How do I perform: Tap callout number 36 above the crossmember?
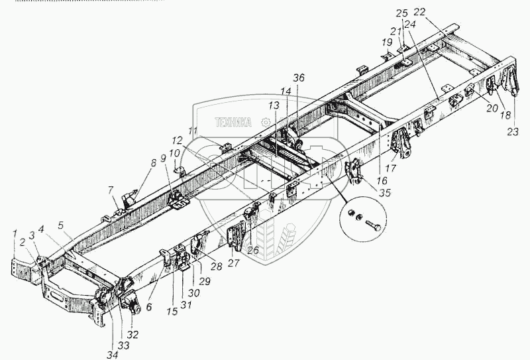tap(299, 78)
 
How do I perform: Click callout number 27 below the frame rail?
tap(233, 262)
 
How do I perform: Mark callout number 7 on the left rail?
tap(112, 190)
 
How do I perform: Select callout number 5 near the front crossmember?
tap(62, 225)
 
